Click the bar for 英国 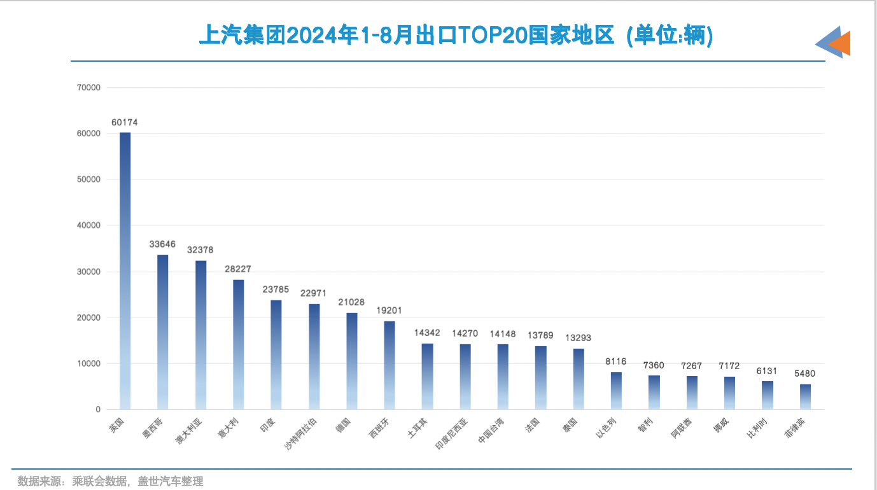(x=125, y=270)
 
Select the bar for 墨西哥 (x=163, y=332)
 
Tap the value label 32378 (x=200, y=250)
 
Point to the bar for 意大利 (x=239, y=344)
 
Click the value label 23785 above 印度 (x=276, y=290)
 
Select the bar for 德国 (x=352, y=361)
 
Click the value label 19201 (x=389, y=311)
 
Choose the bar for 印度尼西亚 (x=465, y=377)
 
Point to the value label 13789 (x=540, y=335)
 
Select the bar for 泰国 (x=579, y=379)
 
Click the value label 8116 (x=615, y=361)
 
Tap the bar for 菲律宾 (x=805, y=396)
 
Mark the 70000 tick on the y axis (x=88, y=88)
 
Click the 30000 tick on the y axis (x=88, y=272)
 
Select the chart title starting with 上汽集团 (x=456, y=36)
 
